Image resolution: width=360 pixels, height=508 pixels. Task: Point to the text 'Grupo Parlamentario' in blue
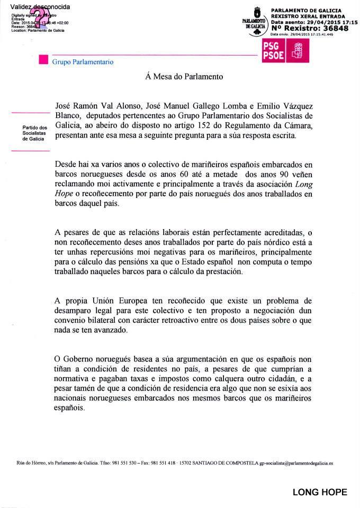(x=82, y=62)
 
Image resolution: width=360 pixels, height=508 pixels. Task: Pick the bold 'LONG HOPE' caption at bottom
(x=320, y=493)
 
